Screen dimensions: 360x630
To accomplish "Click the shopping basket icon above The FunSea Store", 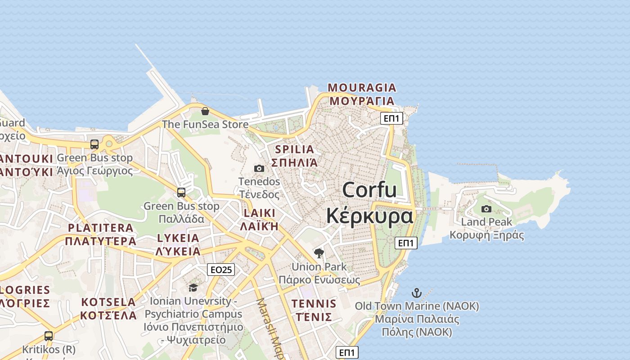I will coord(205,111).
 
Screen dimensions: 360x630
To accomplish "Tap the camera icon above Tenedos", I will coord(259,168).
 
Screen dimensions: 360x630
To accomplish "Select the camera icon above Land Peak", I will coord(486,209).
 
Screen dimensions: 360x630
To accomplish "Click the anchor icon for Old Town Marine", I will coord(416,293).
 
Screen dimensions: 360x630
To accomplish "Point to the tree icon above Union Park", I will coord(319,253).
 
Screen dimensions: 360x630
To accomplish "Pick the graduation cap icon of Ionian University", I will coord(193,288).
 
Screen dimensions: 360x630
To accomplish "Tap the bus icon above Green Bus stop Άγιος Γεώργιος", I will coord(94,144).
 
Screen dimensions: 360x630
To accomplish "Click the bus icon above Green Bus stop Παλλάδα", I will coord(181,193).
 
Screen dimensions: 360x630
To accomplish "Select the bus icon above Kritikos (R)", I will coord(49,336).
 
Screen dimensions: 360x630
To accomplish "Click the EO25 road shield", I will coord(221,270).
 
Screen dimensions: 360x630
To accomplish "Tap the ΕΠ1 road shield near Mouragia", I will coord(391,118).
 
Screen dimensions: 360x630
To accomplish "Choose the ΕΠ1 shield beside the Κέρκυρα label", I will coord(406,243).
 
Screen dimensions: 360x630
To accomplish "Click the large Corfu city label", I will coord(369,190).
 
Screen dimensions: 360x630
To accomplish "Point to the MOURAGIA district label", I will coord(362,87).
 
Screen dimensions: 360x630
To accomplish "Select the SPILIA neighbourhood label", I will coord(294,149).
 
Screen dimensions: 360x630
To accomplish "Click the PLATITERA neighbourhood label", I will coord(101,228).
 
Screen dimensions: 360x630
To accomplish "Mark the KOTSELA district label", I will coord(108,302).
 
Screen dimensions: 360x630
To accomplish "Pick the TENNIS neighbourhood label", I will coord(314,304).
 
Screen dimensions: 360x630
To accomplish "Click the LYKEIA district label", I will coord(178,238).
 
